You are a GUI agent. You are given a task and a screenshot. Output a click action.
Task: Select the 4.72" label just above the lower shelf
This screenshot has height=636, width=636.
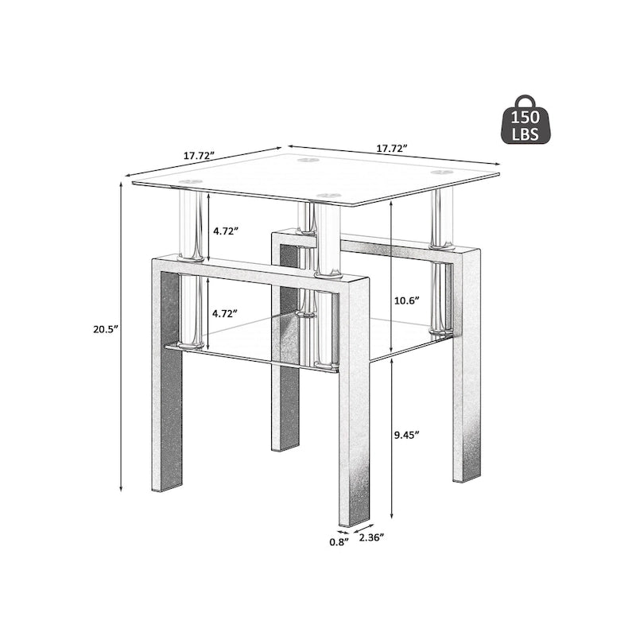click(x=226, y=312)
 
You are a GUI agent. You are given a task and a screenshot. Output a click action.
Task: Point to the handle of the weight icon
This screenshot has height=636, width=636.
click(x=526, y=100)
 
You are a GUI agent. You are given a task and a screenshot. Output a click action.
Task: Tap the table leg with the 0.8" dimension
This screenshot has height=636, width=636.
click(x=352, y=445)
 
